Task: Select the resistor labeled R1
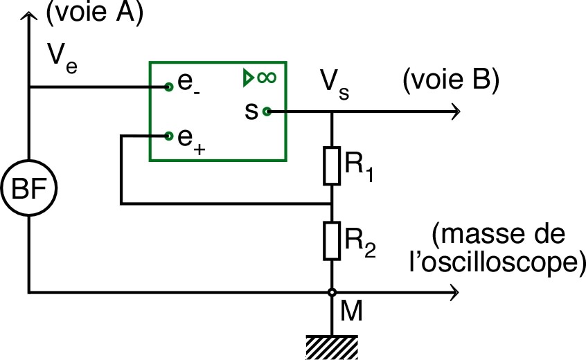point(332,165)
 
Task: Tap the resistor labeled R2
point(332,240)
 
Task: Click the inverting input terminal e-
point(168,87)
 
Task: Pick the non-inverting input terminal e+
point(168,135)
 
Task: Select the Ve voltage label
point(62,55)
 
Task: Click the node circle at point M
point(332,292)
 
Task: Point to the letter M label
point(352,312)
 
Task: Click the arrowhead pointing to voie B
point(454,111)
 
